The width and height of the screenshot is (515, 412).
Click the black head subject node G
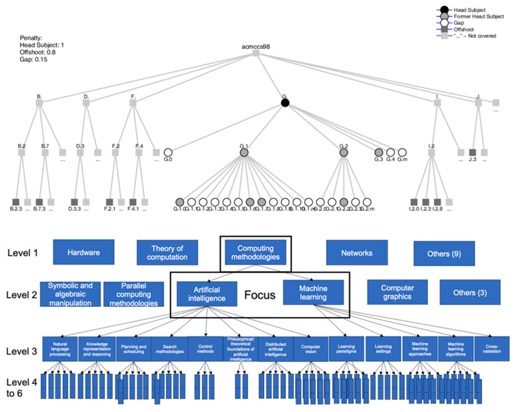tap(285, 103)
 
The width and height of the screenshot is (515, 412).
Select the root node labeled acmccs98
tap(256, 53)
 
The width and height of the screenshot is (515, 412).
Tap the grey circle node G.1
tap(244, 153)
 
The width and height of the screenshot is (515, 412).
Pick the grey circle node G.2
tap(343, 153)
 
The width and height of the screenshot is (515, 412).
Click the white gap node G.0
tap(168, 153)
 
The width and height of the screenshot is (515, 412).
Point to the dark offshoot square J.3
tap(472, 153)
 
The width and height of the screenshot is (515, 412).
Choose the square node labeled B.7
tap(45, 153)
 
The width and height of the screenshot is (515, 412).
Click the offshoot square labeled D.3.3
tap(74, 202)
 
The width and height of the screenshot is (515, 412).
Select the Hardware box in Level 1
tap(83, 253)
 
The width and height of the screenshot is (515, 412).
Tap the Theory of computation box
tap(167, 253)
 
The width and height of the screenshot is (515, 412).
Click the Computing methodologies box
tap(255, 253)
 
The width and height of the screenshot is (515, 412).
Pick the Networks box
tap(357, 253)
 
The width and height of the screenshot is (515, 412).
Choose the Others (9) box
tap(444, 253)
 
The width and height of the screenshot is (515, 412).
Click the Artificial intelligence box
tap(207, 293)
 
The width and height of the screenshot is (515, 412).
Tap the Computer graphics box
tap(398, 292)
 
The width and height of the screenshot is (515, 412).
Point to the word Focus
tap(259, 293)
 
